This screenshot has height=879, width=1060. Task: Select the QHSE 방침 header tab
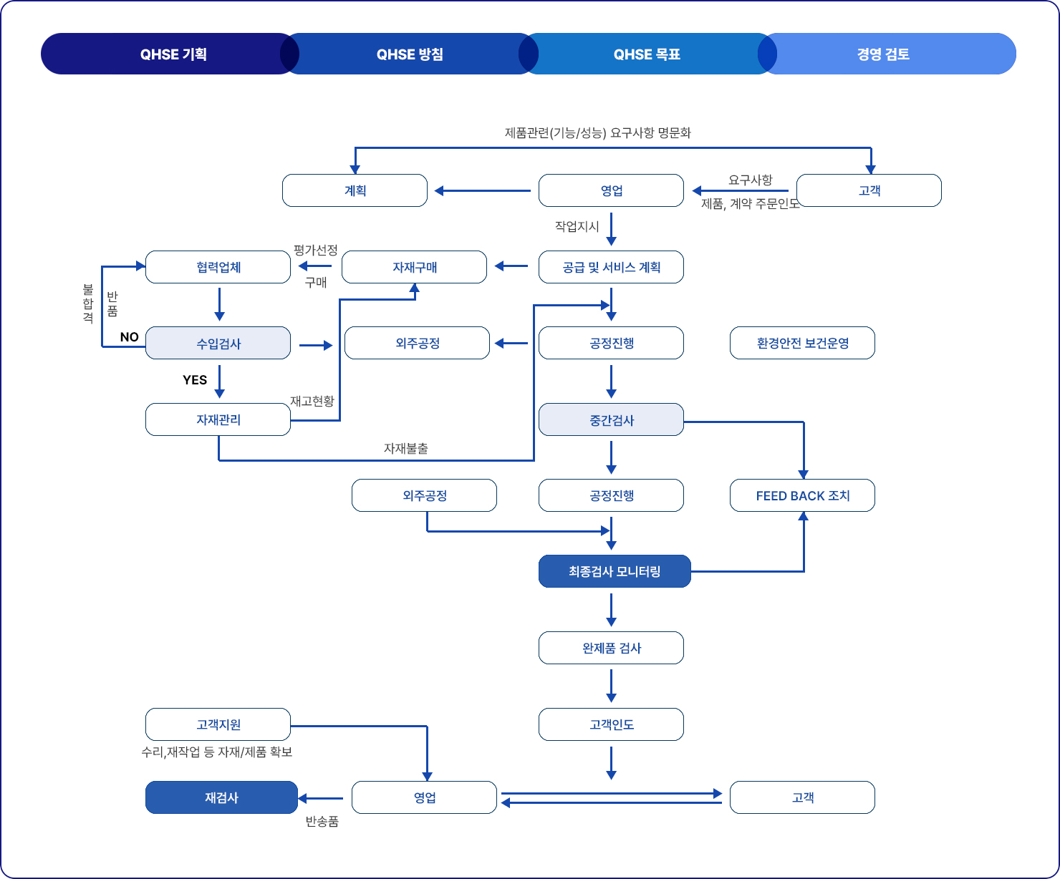click(x=410, y=54)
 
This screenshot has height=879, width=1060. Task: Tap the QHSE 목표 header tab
click(x=647, y=54)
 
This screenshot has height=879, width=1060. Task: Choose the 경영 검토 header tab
click(x=883, y=54)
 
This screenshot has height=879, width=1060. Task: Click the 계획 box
click(x=355, y=190)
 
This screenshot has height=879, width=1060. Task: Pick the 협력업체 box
click(x=218, y=267)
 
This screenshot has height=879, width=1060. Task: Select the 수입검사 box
click(x=218, y=343)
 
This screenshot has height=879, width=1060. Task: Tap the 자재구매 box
click(x=415, y=267)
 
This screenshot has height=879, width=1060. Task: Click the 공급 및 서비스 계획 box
click(x=611, y=267)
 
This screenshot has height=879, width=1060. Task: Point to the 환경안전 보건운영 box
click(x=802, y=343)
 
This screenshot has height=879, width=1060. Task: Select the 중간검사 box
click(x=611, y=419)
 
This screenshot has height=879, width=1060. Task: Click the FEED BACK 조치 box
click(x=802, y=495)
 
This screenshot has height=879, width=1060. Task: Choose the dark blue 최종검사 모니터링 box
click(x=615, y=571)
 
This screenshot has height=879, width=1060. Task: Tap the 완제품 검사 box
click(x=611, y=648)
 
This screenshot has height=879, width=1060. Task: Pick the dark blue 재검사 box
click(x=221, y=797)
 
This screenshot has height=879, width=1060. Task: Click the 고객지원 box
click(x=218, y=724)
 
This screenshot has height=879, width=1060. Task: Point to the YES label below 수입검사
click(x=195, y=380)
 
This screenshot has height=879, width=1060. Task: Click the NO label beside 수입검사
click(x=130, y=337)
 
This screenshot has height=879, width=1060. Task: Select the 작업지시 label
click(x=577, y=226)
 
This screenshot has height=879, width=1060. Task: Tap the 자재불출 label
click(x=406, y=449)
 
